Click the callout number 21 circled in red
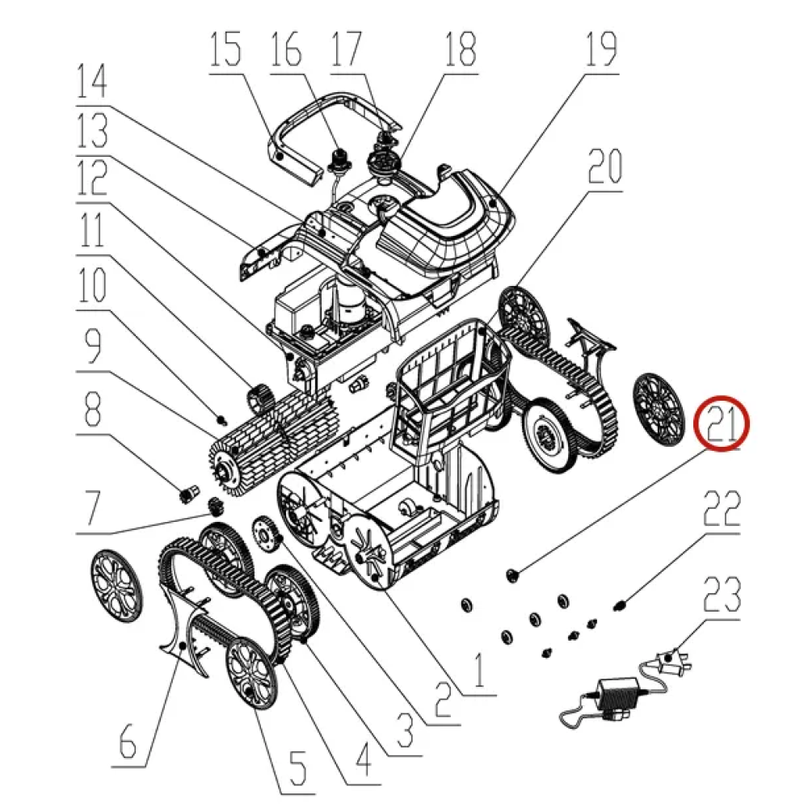click(722, 423)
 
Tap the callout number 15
click(225, 49)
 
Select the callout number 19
click(601, 49)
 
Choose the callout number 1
click(479, 670)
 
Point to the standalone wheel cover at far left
click(116, 585)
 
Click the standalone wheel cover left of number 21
click(659, 410)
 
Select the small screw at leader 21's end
click(512, 575)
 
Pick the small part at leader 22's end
click(620, 604)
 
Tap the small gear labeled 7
click(216, 507)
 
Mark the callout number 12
click(92, 177)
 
